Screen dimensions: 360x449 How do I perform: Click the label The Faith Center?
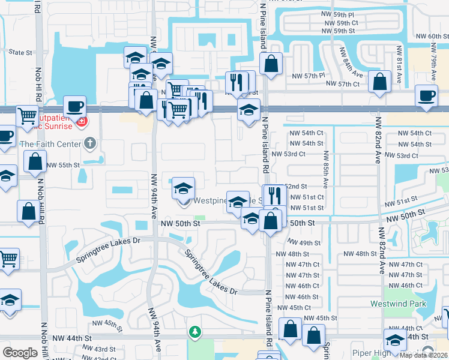pyautogui.click(x=50, y=144)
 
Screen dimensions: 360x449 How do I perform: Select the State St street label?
pyautogui.click(x=20, y=52)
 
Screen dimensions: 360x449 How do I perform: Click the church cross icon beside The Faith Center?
pyautogui.click(x=89, y=143)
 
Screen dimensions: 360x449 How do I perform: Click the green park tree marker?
pyautogui.click(x=194, y=331)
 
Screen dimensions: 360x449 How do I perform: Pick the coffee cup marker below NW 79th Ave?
pyautogui.click(x=427, y=96)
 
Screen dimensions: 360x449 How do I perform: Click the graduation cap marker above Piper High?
pyautogui.click(x=394, y=340)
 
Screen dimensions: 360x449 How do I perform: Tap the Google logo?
pyautogui.click(x=20, y=353)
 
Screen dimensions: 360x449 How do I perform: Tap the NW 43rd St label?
pyautogui.click(x=104, y=349)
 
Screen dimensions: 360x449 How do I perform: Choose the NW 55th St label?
pyautogui.click(x=63, y=165)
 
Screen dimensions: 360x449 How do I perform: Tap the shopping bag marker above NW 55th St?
pyautogui.click(x=35, y=161)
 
